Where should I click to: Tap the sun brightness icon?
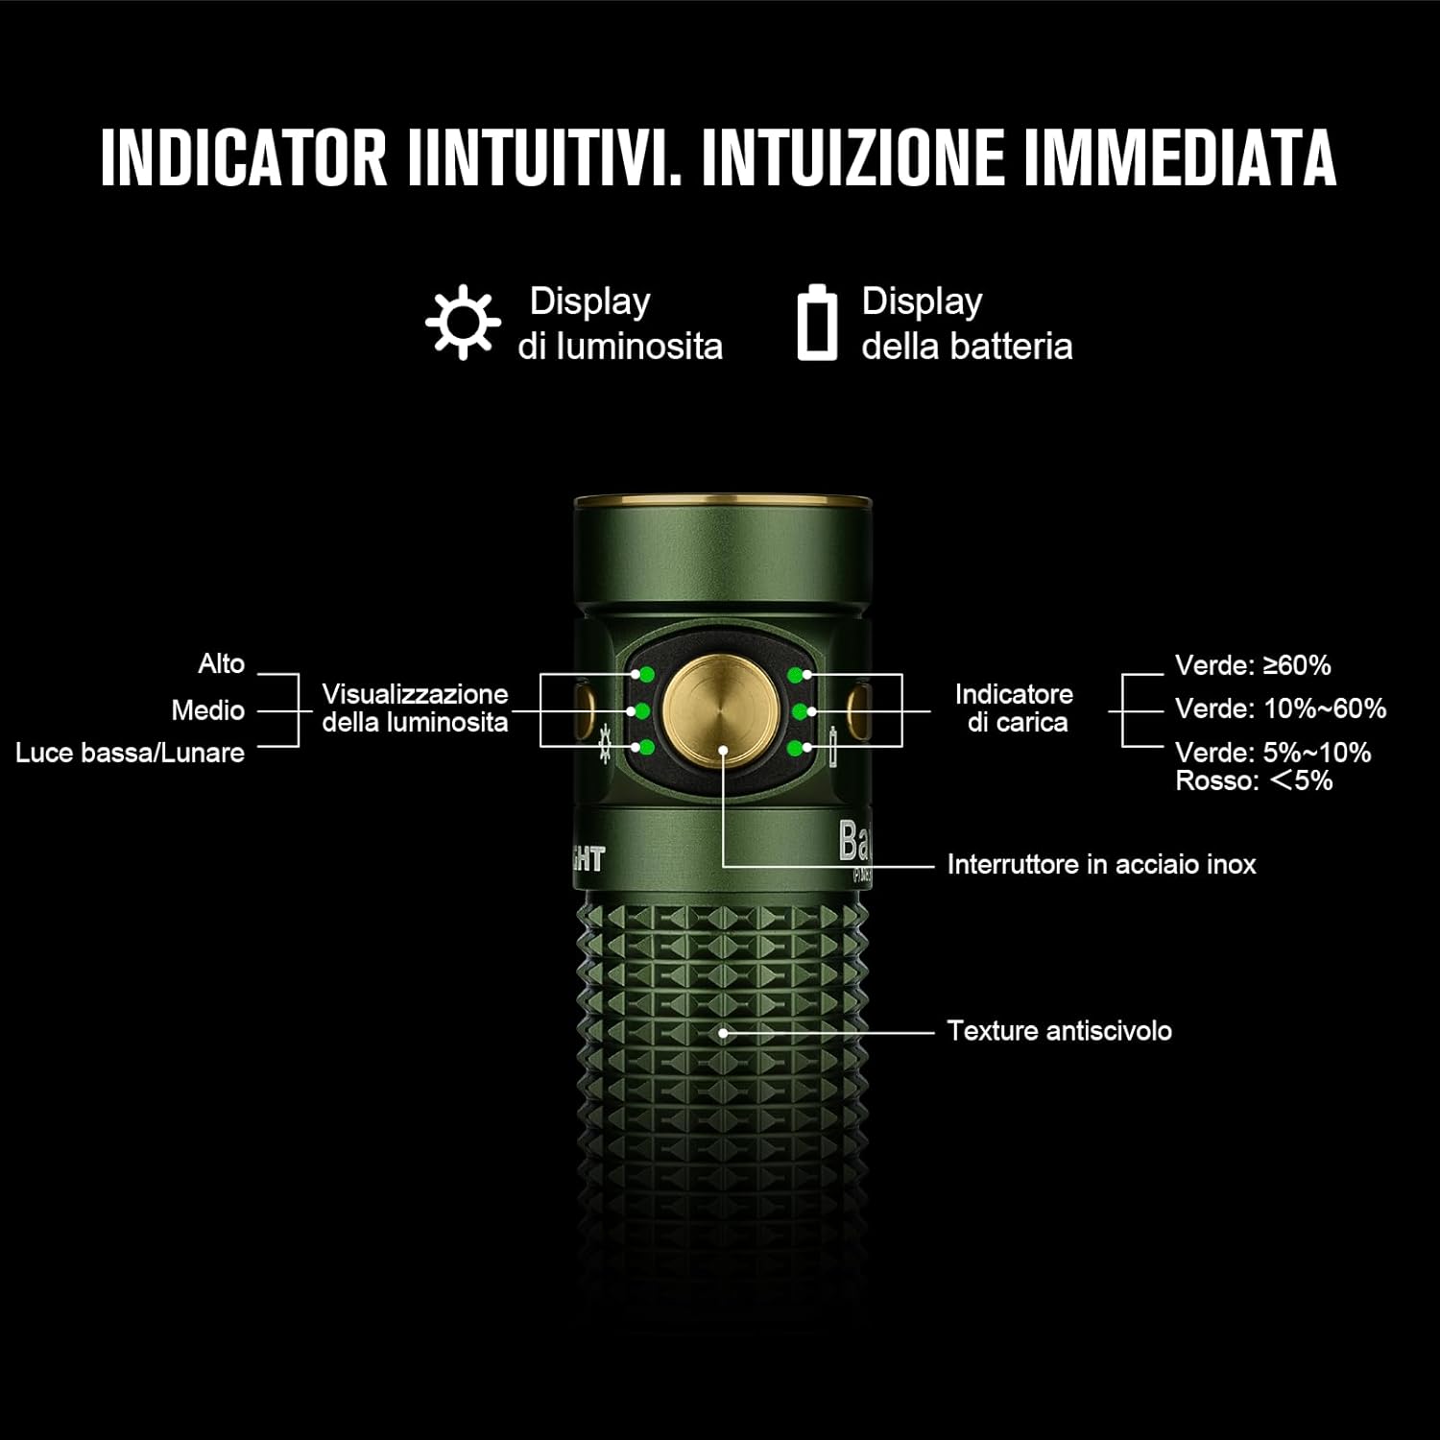[463, 323]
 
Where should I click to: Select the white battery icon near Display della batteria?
[817, 323]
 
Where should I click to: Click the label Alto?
[221, 664]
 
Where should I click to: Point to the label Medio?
[207, 710]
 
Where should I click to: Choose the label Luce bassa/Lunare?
[130, 753]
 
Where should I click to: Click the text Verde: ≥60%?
[1252, 665]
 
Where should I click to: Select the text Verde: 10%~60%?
[1280, 708]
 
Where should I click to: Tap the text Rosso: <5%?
[1253, 780]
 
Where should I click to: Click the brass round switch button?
[721, 711]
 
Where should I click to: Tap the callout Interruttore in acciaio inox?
[1100, 865]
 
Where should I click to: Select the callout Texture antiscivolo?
[1059, 1031]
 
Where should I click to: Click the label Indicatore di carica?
[1015, 708]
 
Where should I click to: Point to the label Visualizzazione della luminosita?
[415, 708]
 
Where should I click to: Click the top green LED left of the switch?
[646, 674]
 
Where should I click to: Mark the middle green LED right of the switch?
[799, 711]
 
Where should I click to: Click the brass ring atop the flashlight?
[722, 501]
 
